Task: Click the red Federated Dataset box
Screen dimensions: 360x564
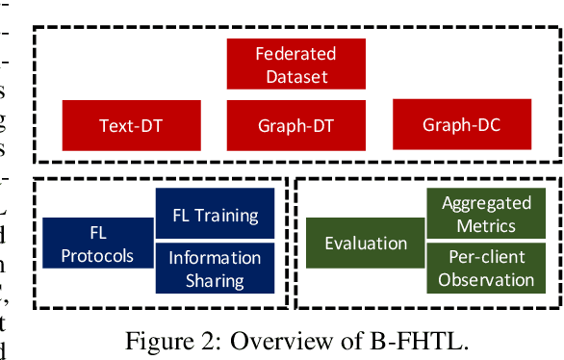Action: [295, 64]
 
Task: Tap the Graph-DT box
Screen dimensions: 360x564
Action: [295, 125]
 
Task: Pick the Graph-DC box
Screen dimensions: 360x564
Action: [462, 125]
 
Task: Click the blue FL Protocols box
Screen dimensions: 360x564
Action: [97, 244]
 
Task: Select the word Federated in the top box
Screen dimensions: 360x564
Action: [295, 54]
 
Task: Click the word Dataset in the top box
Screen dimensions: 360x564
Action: [295, 75]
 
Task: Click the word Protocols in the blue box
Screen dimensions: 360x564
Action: [97, 255]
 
